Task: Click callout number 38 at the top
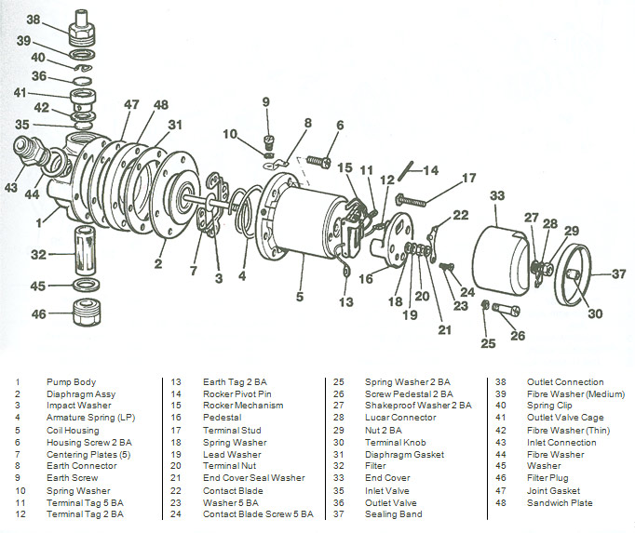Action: (x=34, y=19)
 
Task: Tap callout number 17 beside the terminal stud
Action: (x=468, y=176)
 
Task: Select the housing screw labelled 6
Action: (x=317, y=162)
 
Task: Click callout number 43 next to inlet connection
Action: (x=10, y=187)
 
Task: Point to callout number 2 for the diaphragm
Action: (x=158, y=264)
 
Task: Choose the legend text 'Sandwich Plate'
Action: (x=558, y=502)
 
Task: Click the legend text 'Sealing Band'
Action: (x=393, y=513)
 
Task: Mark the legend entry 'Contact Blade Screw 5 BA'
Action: (x=258, y=513)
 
